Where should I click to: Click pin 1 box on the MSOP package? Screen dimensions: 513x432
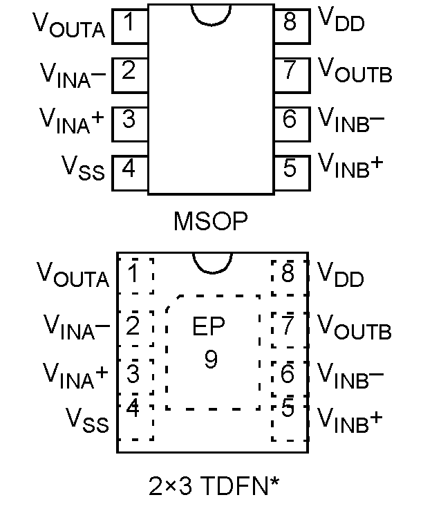129,23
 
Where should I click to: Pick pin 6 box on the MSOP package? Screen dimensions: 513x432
290,119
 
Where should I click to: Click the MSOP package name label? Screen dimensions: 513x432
211,221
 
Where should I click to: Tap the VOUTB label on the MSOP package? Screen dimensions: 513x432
355,71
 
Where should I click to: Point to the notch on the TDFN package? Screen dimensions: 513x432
211,262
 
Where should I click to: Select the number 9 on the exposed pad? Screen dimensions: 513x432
211,359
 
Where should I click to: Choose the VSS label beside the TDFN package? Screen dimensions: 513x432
87,419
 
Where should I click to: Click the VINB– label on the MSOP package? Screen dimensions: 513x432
351,120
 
